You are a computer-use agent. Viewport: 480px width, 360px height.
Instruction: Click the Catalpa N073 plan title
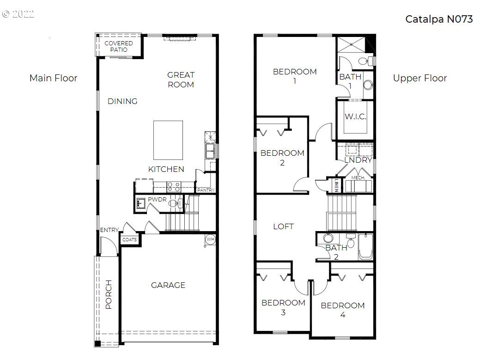tap(438, 19)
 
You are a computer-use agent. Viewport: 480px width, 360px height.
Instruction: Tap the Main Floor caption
tap(53, 78)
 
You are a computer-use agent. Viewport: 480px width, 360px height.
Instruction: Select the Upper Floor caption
tap(419, 78)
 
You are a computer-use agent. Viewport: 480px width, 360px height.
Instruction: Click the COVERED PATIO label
tap(118, 46)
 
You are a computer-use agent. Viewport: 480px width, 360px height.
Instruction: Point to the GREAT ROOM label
tap(181, 79)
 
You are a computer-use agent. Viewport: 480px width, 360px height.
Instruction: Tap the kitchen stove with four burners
tap(174, 186)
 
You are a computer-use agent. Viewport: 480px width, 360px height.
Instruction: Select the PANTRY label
tap(205, 190)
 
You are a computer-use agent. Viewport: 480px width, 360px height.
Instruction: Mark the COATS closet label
tap(129, 240)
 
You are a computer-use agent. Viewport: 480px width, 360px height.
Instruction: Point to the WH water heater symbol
tap(210, 239)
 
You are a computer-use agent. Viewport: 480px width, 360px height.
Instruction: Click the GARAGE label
tap(168, 285)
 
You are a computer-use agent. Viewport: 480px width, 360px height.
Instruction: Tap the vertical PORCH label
tap(109, 294)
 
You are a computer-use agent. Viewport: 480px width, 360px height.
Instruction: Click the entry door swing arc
tap(107, 246)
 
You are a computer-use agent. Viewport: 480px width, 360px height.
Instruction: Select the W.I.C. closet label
tap(355, 116)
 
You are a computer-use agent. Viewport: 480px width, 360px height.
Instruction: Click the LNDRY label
tap(358, 160)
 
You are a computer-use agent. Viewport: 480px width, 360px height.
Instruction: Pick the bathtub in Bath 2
tap(365, 247)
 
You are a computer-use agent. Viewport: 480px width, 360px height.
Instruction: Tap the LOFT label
tap(283, 226)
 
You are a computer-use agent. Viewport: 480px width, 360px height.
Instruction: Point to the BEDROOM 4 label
tap(342, 310)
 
